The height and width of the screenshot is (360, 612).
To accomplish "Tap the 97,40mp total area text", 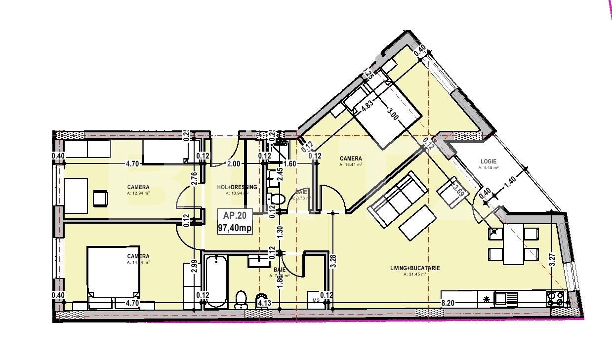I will [x=235, y=228].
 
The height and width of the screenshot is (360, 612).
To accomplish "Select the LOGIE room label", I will [x=488, y=161].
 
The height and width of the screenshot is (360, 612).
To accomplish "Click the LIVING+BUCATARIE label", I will [x=415, y=268].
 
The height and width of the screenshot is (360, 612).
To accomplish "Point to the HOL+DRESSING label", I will [x=237, y=187].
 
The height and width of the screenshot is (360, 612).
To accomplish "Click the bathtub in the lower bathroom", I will [x=215, y=281].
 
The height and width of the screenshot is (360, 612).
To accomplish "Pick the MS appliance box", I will [x=315, y=299].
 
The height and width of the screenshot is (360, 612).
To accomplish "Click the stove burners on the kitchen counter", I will [x=555, y=298].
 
